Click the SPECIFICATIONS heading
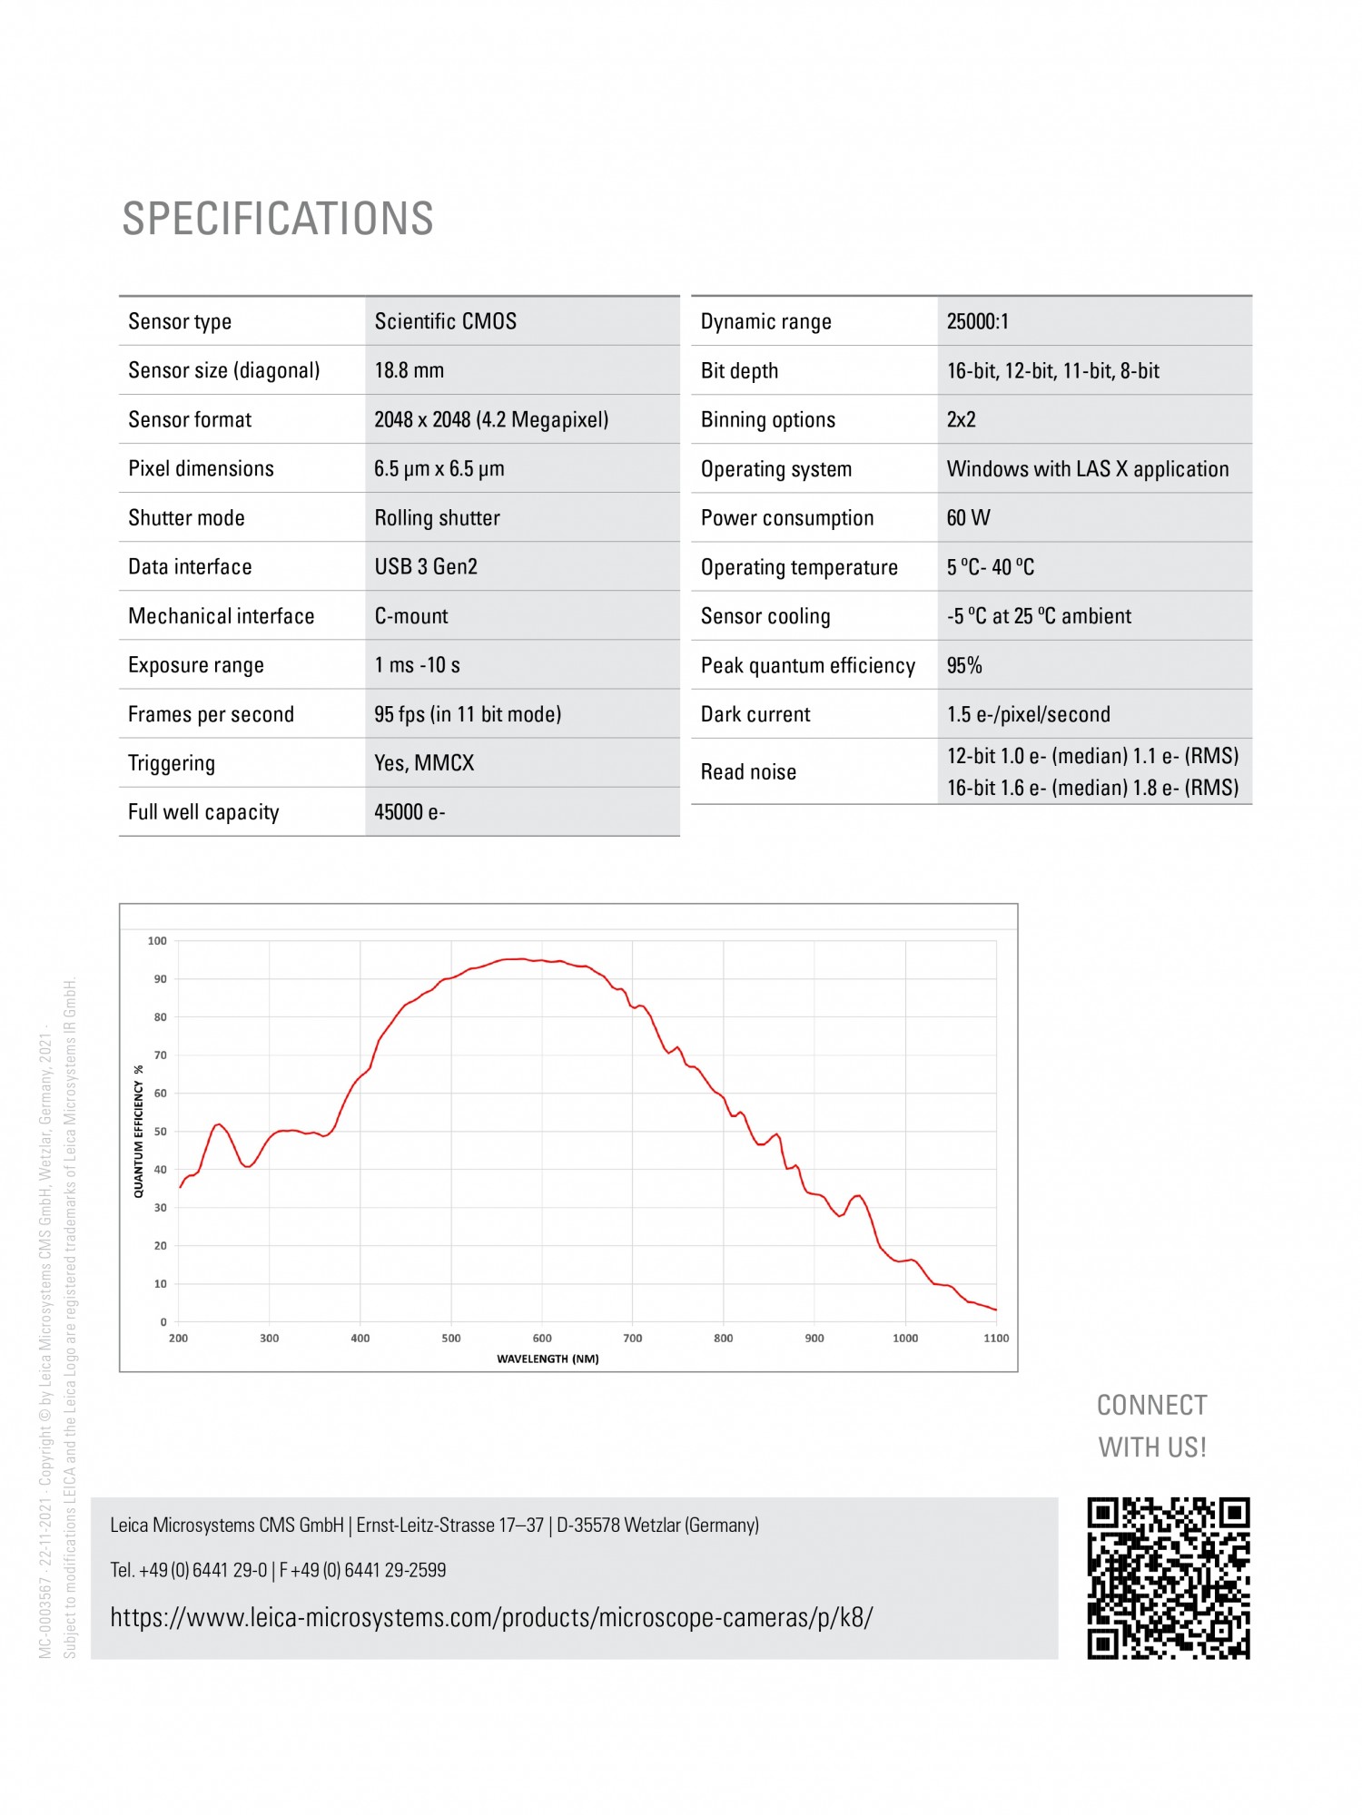(278, 219)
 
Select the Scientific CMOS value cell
(445, 321)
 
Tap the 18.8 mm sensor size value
(409, 370)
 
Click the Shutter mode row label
(186, 518)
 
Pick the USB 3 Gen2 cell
(426, 567)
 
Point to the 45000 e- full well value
(410, 812)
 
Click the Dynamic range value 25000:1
(977, 321)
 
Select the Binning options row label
(767, 420)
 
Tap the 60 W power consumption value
(968, 518)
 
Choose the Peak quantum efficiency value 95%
(964, 665)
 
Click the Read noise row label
(748, 772)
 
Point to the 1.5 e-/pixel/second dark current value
(1028, 714)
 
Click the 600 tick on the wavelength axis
(542, 1339)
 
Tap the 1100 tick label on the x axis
(996, 1339)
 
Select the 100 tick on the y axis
(157, 941)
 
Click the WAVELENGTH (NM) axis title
(548, 1359)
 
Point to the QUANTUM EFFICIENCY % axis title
(139, 1132)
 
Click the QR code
(1169, 1578)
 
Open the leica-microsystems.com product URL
(491, 1618)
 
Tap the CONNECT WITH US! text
(1152, 1426)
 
